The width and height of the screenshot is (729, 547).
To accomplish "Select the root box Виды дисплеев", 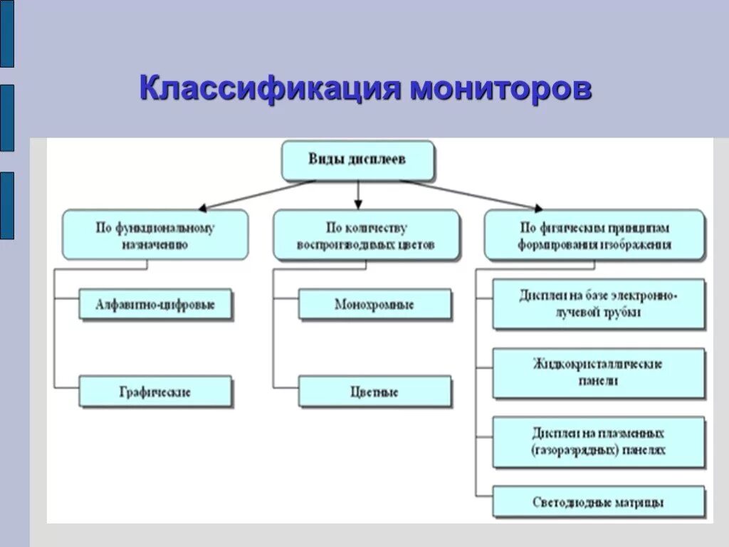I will click(357, 160).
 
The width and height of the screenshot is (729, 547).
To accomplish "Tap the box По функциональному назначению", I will click(155, 235).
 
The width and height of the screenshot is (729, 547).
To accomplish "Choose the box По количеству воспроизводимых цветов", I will click(366, 235).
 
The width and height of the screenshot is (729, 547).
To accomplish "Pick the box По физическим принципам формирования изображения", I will click(594, 235).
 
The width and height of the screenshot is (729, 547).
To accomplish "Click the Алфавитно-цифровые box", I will click(155, 305).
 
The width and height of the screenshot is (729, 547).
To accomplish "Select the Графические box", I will click(155, 392).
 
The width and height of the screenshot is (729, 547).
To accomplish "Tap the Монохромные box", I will click(374, 305).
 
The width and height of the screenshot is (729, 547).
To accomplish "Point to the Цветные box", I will click(374, 392).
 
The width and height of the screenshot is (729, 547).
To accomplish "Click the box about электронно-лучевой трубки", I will click(599, 304).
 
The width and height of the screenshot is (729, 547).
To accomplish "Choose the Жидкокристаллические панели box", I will click(599, 373).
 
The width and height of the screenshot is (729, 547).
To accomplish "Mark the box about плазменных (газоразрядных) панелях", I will click(599, 442).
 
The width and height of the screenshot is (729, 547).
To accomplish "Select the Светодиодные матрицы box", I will click(599, 502).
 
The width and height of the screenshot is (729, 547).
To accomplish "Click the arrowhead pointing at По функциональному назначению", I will click(203, 209).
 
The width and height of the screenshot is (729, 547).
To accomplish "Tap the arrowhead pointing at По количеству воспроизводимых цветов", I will click(358, 205).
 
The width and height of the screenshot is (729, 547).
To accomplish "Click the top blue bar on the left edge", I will click(6, 33).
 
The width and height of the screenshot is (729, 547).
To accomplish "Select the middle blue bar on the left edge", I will click(6, 118).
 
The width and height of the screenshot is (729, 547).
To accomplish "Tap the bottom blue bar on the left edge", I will click(6, 205).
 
